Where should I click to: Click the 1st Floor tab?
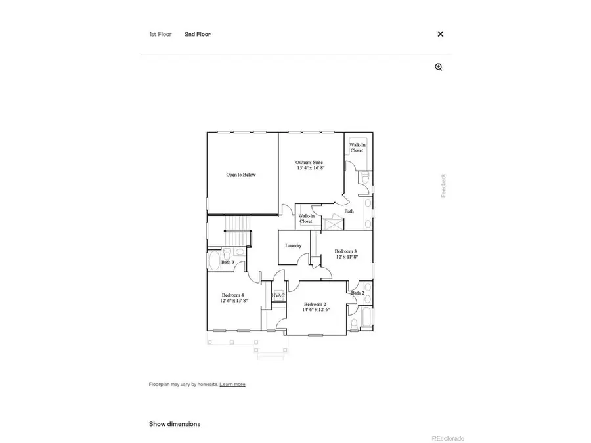point(160,34)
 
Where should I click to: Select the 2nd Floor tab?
point(198,34)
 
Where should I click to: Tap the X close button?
point(441,34)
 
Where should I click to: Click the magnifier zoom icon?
point(439,67)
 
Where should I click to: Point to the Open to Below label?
point(241,175)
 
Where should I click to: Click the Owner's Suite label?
point(310,165)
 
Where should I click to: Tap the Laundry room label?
point(294,246)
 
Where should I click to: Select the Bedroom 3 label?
point(345,254)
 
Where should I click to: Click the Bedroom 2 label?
point(315,306)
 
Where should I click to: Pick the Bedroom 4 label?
point(233,297)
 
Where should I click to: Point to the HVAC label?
point(278,296)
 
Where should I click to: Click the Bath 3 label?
point(228,263)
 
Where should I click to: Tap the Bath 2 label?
point(357,293)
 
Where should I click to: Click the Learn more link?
point(232,384)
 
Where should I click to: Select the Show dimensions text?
point(175,424)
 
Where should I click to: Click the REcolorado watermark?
point(448,438)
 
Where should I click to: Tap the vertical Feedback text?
point(443,185)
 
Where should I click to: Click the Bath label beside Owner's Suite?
point(349,211)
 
